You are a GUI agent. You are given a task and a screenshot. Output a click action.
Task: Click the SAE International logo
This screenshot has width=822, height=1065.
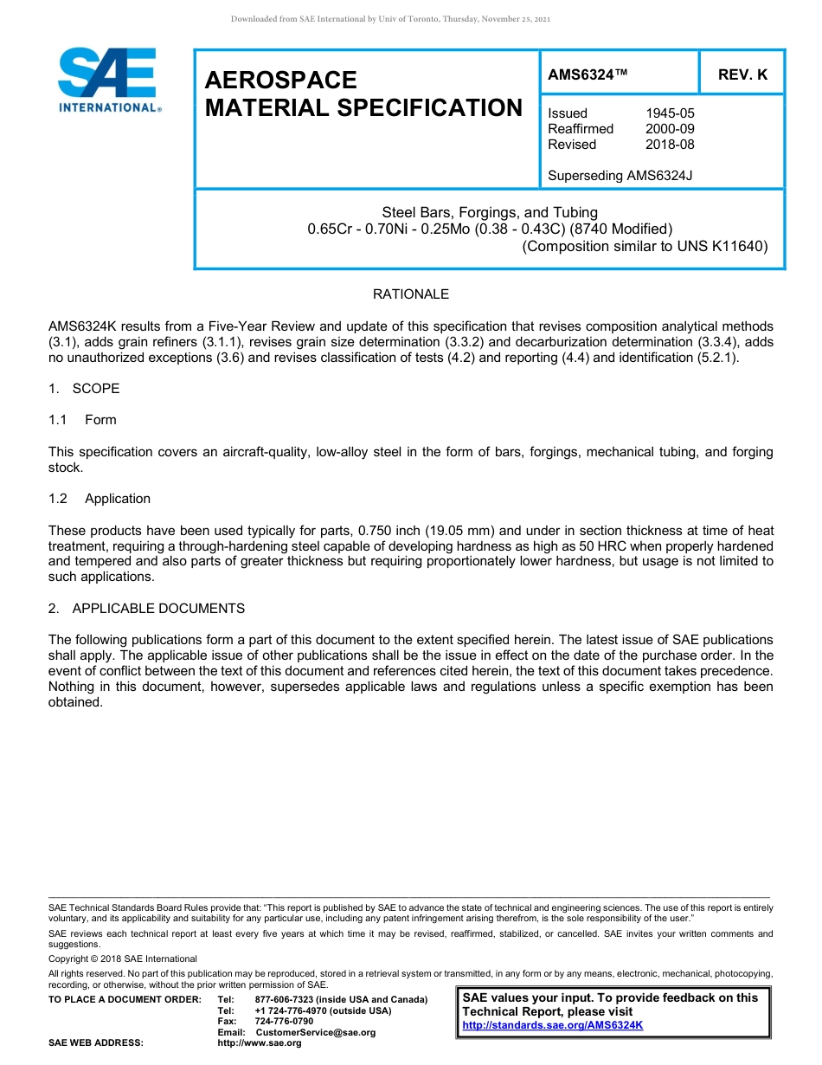(x=108, y=80)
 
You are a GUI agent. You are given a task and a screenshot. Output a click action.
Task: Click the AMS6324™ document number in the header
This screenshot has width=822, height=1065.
(x=588, y=74)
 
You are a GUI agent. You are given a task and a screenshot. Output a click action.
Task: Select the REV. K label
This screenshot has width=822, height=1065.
(x=742, y=74)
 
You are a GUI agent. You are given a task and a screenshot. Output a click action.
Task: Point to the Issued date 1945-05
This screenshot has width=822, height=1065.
(x=670, y=113)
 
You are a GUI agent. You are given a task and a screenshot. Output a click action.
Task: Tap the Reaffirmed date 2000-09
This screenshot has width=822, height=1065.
(x=670, y=129)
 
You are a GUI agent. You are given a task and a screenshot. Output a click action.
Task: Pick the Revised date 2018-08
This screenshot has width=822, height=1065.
(x=670, y=145)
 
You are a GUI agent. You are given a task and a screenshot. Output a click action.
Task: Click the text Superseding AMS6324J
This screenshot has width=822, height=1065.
(x=620, y=176)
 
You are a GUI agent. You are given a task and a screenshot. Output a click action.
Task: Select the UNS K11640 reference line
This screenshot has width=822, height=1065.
(x=645, y=245)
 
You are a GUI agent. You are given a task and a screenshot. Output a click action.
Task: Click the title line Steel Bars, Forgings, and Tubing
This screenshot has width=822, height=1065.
(x=490, y=212)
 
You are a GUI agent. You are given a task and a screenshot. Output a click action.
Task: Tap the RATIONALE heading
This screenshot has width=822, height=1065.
(x=410, y=294)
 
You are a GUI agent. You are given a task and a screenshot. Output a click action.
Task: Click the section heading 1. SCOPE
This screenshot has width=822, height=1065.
(x=84, y=389)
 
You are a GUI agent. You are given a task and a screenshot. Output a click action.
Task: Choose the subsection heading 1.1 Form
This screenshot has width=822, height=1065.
(x=82, y=420)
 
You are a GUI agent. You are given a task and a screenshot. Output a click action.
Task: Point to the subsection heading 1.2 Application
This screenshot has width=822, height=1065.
(x=100, y=499)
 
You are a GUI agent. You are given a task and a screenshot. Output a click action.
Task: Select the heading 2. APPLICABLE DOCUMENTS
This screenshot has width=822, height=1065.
(x=146, y=609)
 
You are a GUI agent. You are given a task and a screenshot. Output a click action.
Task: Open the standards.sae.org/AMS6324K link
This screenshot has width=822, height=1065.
(x=553, y=1025)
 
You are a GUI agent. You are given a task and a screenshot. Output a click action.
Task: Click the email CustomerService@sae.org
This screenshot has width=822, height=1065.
(x=316, y=1032)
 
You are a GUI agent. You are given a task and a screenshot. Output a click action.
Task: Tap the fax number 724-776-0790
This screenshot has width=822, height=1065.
(x=284, y=1022)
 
